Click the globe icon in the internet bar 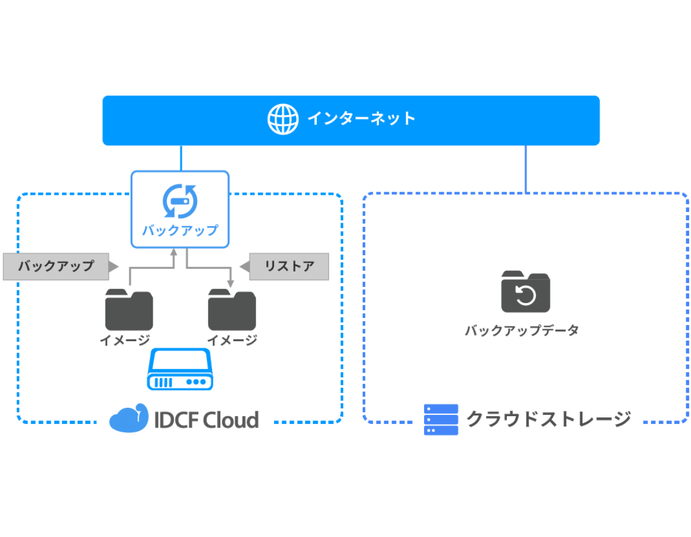(282, 119)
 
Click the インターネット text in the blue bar (362, 118)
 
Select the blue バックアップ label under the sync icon (180, 230)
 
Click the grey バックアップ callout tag (56, 266)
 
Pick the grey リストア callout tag (289, 266)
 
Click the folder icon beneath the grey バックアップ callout (129, 310)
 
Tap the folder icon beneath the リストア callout (232, 310)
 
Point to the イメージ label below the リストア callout (232, 341)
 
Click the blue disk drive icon (180, 370)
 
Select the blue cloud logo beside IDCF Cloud (129, 419)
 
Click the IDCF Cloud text (206, 420)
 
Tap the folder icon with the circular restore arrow (525, 292)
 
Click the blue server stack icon (441, 420)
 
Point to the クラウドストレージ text (548, 419)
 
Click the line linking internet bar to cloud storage (526, 169)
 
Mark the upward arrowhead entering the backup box (174, 252)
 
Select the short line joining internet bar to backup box (180, 158)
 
